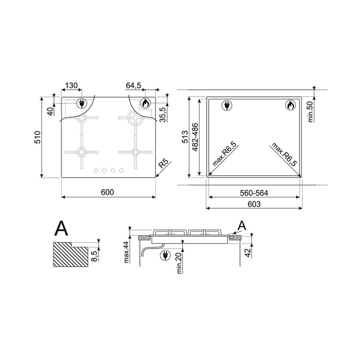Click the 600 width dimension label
(x=107, y=192)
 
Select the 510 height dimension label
(x=37, y=137)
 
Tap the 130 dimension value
(x=72, y=85)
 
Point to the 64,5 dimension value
(x=133, y=85)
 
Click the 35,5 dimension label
(x=163, y=115)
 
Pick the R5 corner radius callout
(x=164, y=164)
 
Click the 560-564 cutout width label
(x=254, y=193)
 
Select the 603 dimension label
(x=254, y=204)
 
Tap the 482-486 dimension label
(x=195, y=137)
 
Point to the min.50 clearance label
(x=311, y=111)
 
